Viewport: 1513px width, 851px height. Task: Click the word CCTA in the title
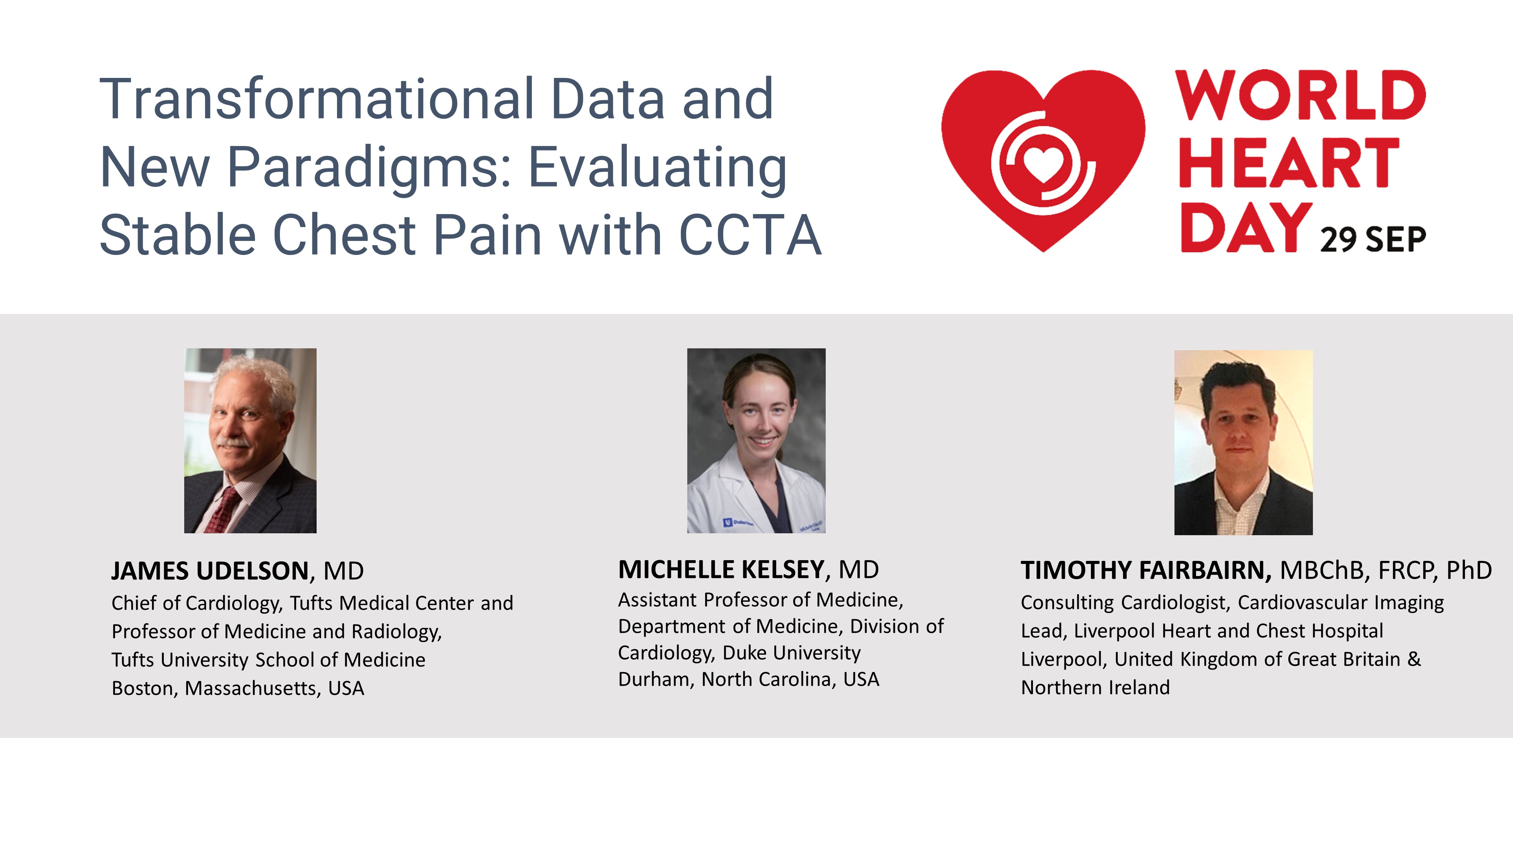pos(750,235)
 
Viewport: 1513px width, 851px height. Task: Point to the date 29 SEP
pos(1373,240)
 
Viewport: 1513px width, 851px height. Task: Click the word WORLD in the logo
pos(1301,95)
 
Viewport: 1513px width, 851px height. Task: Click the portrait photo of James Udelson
pos(250,441)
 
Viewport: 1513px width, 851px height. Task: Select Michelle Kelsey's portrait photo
pos(756,441)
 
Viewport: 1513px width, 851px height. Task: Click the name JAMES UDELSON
pos(210,571)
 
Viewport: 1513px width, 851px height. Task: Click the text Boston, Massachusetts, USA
pos(238,688)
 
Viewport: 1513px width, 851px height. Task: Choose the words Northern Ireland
pos(1095,687)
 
